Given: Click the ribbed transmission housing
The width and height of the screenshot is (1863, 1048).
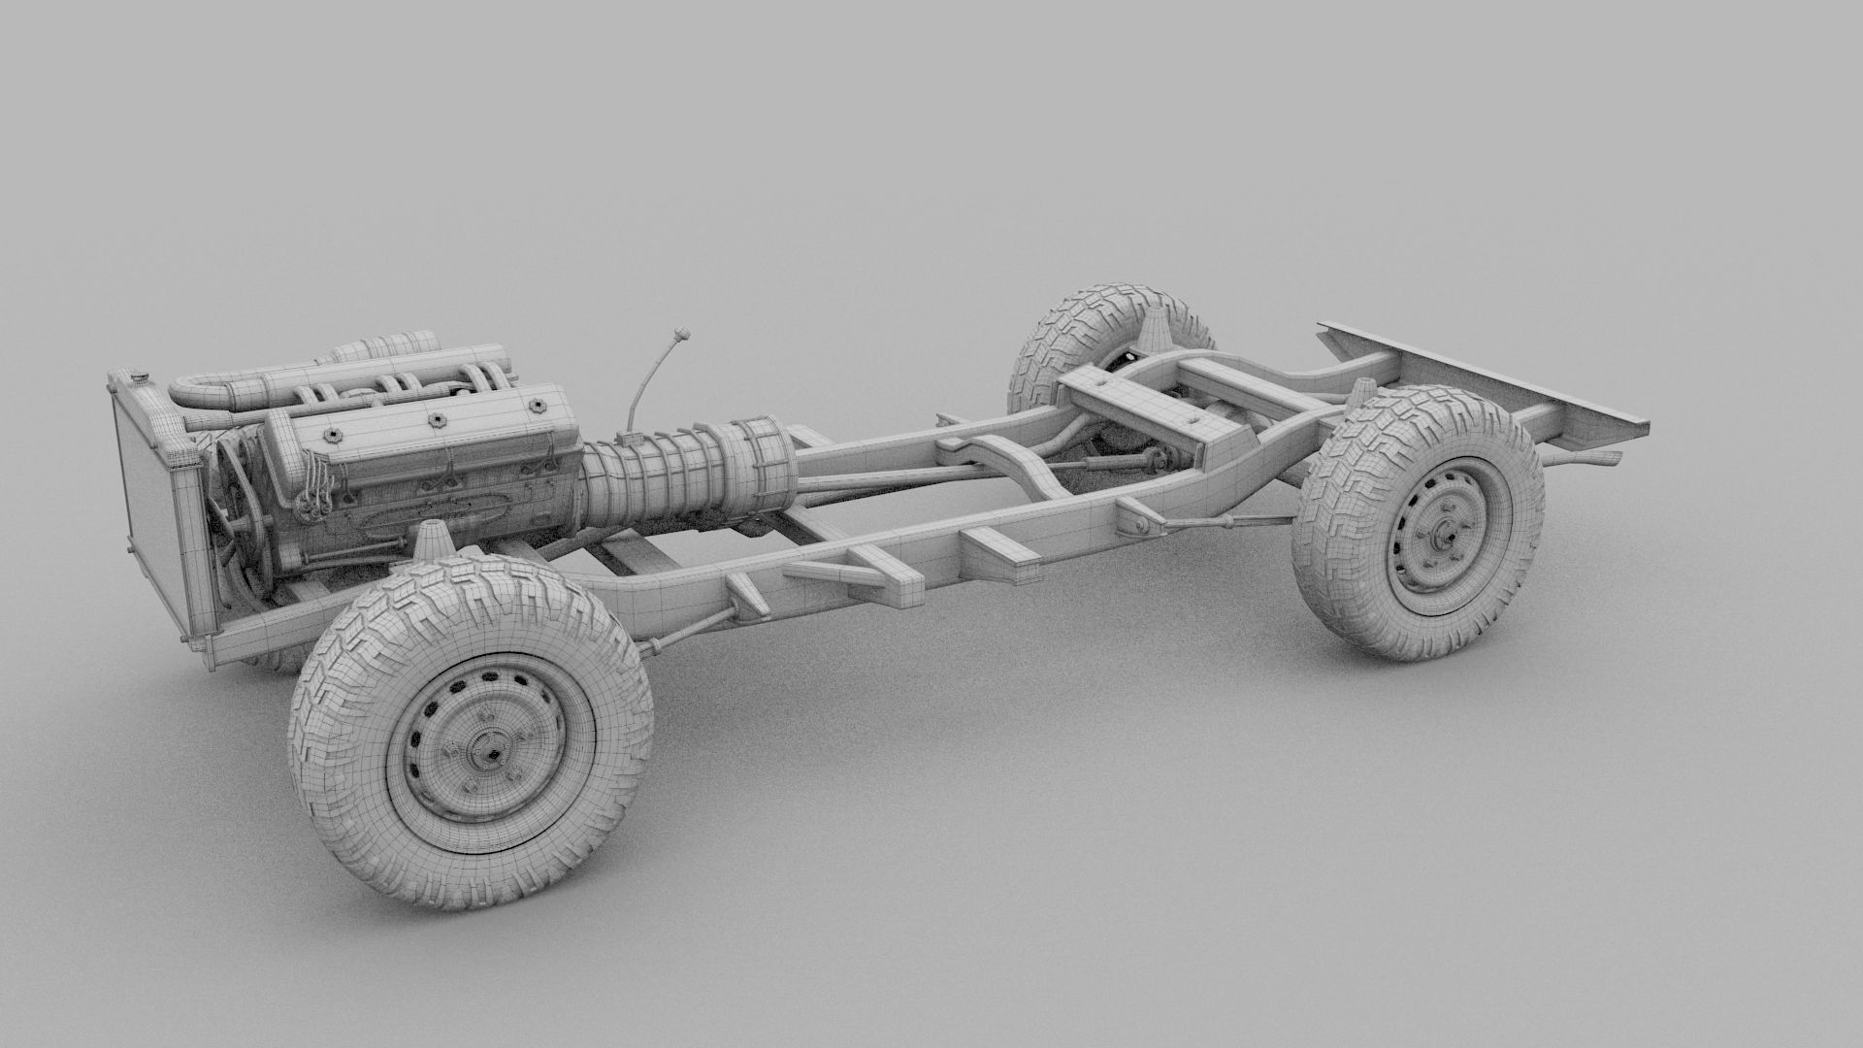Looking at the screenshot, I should pos(660,475).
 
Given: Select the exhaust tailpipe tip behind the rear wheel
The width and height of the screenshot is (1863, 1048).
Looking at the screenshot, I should pos(1601,457).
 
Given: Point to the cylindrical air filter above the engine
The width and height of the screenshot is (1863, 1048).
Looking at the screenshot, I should pos(388,346).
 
